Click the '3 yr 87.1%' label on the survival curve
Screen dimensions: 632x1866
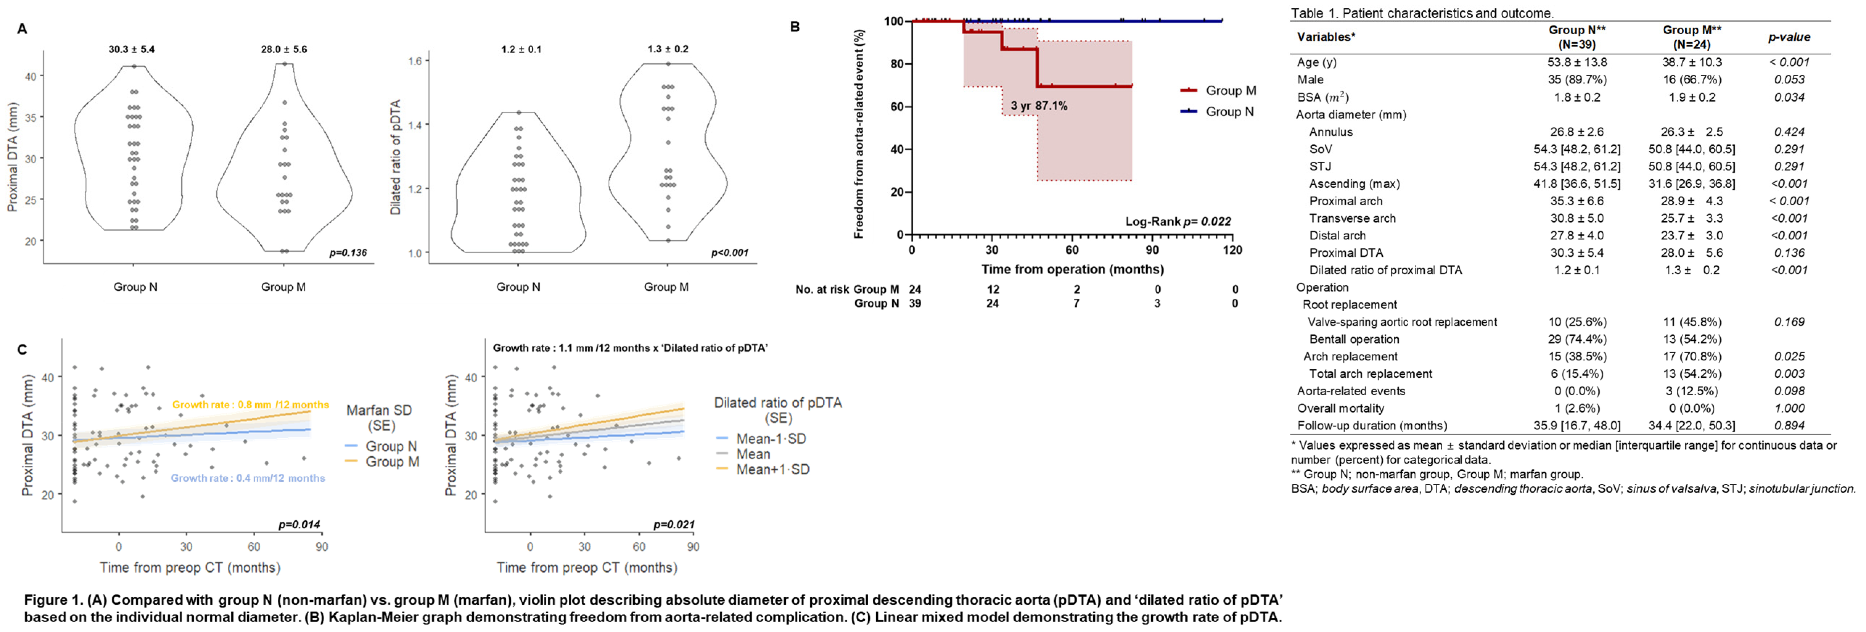click(x=1039, y=106)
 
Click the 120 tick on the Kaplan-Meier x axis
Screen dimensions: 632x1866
click(x=1232, y=250)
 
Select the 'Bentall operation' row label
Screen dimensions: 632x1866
click(x=1354, y=339)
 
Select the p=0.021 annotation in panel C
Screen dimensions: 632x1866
click(x=674, y=524)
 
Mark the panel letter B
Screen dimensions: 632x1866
click(x=795, y=27)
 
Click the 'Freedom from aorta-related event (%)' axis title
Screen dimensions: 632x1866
click(x=859, y=134)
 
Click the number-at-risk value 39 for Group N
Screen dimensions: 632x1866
click(x=915, y=304)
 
